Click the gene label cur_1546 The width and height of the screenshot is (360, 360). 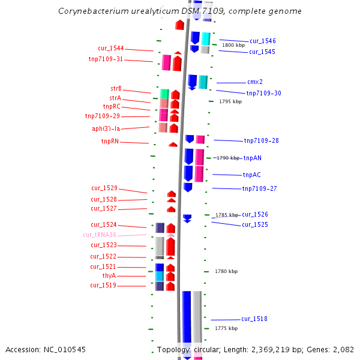[263, 41]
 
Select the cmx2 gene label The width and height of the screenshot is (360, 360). [255, 82]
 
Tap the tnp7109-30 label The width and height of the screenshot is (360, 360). [263, 93]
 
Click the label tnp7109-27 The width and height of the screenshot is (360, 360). [259, 189]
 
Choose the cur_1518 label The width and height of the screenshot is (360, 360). [254, 319]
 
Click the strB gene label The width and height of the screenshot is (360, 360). [116, 89]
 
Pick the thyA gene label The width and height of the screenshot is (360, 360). [109, 276]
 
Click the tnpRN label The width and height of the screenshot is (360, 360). [110, 142]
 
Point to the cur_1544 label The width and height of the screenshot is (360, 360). [111, 49]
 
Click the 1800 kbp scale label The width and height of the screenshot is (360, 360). [233, 45]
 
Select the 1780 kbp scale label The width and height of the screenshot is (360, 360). [226, 272]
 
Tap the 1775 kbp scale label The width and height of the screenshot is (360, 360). [226, 329]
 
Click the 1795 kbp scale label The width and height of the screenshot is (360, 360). [230, 102]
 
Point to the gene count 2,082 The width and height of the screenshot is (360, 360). [343, 349]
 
